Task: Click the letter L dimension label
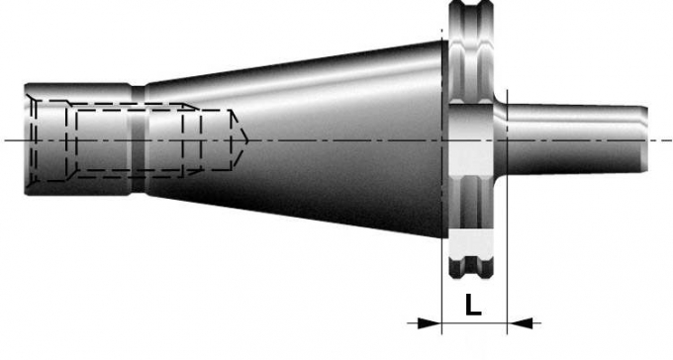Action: [472, 305]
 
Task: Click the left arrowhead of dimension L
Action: [430, 323]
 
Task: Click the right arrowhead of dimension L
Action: [520, 323]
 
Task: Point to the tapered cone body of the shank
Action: [296, 139]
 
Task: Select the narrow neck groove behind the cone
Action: [139, 139]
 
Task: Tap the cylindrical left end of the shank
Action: [77, 139]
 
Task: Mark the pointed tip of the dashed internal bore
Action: [247, 139]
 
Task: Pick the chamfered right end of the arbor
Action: [644, 139]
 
